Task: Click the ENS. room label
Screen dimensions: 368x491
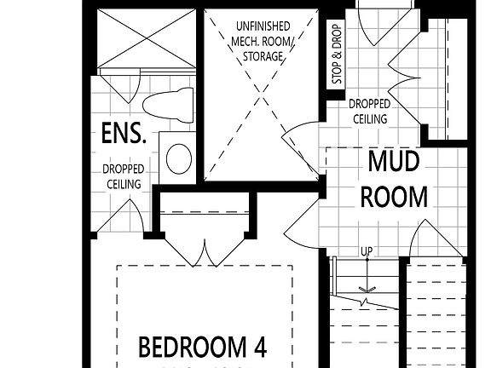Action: tap(124, 135)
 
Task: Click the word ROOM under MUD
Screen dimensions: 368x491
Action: tap(393, 197)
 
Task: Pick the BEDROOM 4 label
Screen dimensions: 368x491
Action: tap(203, 348)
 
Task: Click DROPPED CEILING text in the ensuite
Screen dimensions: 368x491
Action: tap(124, 176)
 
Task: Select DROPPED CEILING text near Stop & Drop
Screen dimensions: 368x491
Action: tap(369, 112)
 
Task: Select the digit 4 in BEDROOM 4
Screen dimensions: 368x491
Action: tap(258, 348)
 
